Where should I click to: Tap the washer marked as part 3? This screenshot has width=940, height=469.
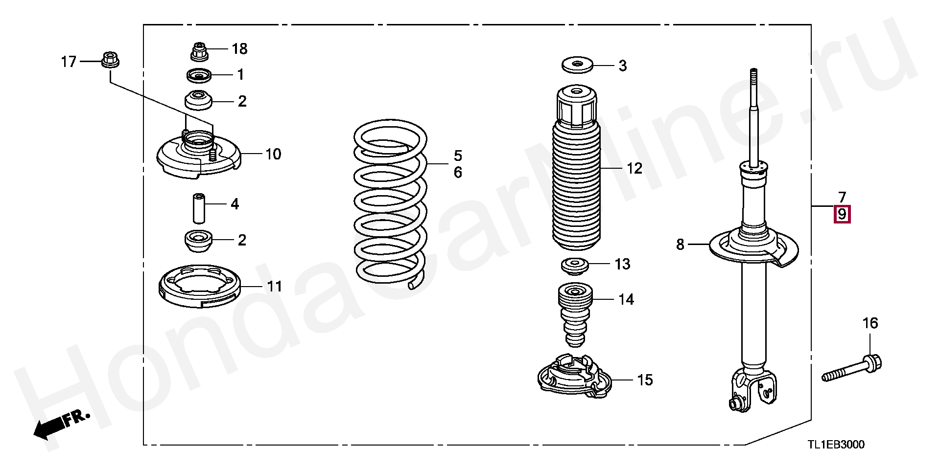576,65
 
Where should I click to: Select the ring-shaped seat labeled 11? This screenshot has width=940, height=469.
200,287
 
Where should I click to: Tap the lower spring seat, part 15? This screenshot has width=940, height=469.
574,374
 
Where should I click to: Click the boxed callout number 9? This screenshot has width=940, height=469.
842,214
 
